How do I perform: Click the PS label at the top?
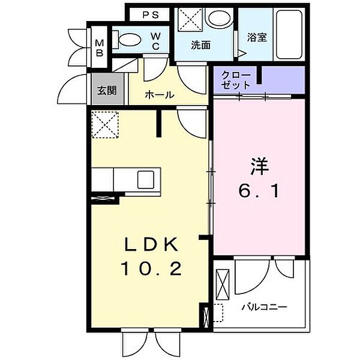coord(151,15)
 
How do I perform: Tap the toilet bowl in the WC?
coord(130,40)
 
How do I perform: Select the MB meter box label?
coord(100,48)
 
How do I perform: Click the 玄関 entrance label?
coord(107,91)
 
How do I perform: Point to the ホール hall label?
coord(160,95)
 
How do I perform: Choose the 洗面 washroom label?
coord(201,45)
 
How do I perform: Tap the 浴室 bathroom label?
coord(257,37)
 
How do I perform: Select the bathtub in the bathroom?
coord(289,34)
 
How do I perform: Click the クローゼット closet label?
coord(236,80)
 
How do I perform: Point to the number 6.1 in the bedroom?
coord(259,191)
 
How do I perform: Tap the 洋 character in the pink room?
coord(259,166)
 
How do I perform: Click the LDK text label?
coord(151,245)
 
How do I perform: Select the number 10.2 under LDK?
coord(151,268)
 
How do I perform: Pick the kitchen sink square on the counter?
coord(146,180)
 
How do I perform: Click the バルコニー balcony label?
coord(265,307)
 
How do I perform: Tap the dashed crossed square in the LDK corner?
coord(105,125)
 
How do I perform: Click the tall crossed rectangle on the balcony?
coord(223,285)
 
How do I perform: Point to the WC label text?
coord(155,41)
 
